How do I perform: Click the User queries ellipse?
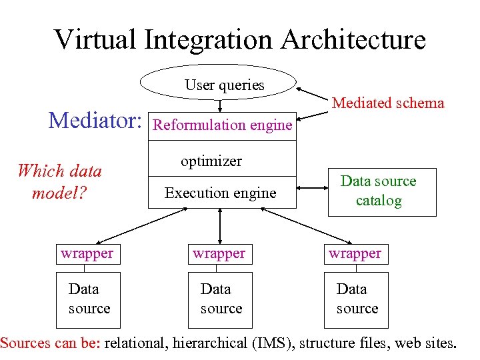[219, 83]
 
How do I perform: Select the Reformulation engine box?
[222, 125]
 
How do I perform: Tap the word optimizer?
[211, 161]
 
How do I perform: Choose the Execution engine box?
[220, 193]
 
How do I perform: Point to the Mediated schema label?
[388, 103]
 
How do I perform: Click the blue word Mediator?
[95, 121]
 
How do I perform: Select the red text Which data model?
[59, 181]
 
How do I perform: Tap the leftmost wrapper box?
[87, 254]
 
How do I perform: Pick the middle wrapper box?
[219, 254]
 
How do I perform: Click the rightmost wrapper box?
[355, 254]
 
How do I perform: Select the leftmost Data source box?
[88, 299]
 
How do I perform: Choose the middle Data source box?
[220, 299]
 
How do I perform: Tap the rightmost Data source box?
[356, 299]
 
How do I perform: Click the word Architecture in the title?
[353, 40]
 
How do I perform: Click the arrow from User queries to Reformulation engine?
[220, 105]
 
